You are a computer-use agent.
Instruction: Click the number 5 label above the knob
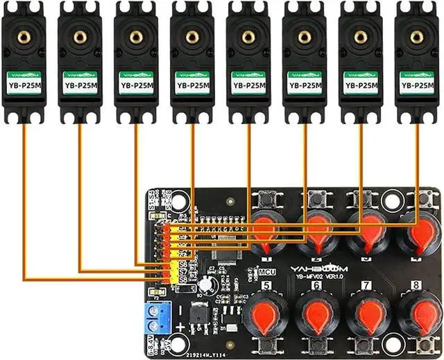(x=266, y=285)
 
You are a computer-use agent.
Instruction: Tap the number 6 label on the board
(x=316, y=285)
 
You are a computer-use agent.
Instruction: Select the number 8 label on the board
(x=416, y=285)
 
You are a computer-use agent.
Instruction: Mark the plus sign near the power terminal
(x=180, y=327)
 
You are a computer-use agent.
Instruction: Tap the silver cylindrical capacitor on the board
(x=207, y=285)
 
